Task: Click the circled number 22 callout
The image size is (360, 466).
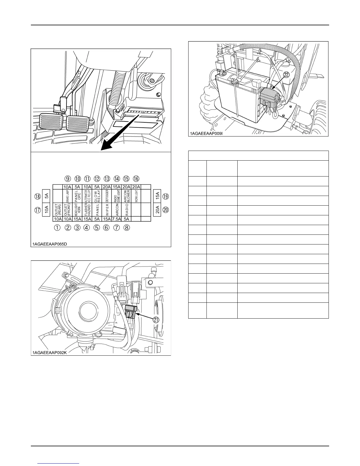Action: [x=286, y=75]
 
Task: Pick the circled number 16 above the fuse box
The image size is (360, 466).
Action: [x=136, y=179]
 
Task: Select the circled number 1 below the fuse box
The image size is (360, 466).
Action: [x=58, y=227]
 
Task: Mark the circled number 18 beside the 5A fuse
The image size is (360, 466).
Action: [x=37, y=195]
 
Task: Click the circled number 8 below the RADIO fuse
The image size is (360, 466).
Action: [x=126, y=227]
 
